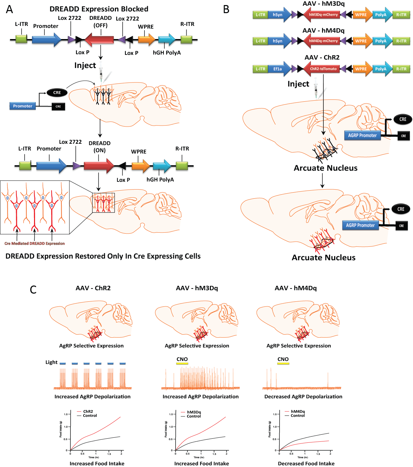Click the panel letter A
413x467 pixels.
coord(9,9)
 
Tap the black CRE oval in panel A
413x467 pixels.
coord(57,93)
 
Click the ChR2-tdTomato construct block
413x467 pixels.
coord(322,69)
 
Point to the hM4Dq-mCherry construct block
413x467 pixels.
coord(322,41)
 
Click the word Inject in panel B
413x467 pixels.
coord(298,84)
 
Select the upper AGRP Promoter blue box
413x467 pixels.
coord(362,135)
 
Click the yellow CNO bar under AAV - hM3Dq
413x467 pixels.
coord(182,364)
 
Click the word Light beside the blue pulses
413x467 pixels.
coord(52,362)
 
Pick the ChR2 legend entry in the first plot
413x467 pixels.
coord(88,411)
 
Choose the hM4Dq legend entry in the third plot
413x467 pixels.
coord(298,411)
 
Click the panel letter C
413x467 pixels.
coord(33,290)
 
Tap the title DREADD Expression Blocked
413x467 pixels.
coord(99,9)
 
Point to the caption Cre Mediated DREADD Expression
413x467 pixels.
coord(34,243)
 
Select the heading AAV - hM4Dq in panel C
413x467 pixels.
coord(295,288)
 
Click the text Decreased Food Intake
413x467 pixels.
coord(306,464)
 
